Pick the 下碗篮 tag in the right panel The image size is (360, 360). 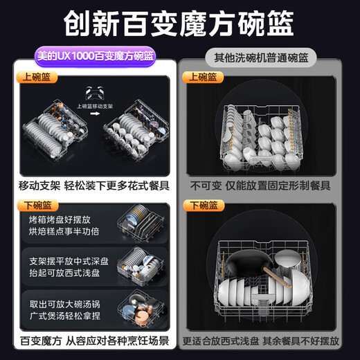[202, 206]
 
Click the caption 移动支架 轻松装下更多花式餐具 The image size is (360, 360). [93, 186]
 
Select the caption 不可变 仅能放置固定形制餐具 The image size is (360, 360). [260, 186]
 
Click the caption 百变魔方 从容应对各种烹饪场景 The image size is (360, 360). [93, 341]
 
